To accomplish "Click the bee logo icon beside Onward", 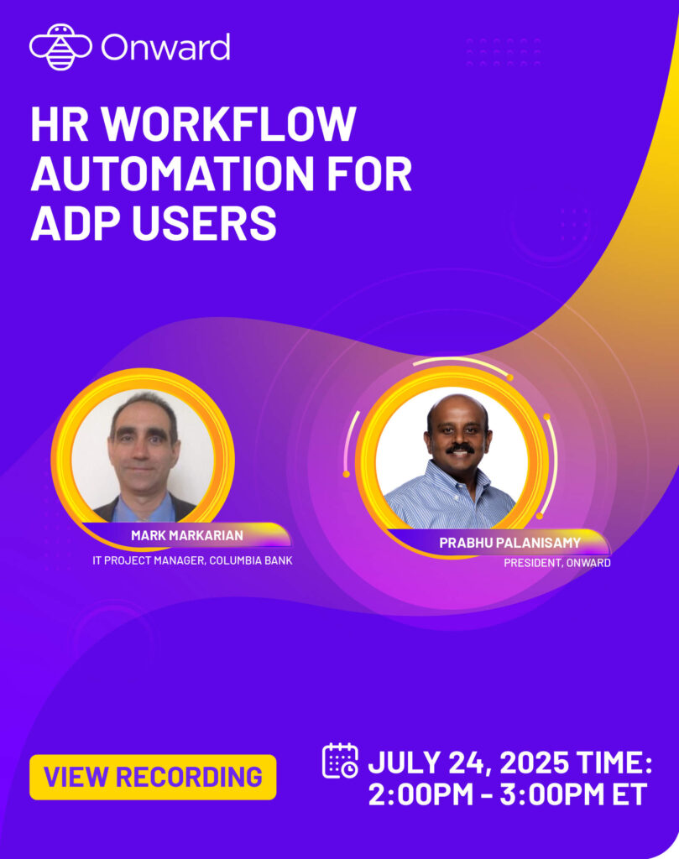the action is [x=60, y=47].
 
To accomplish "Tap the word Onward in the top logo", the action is [x=165, y=48].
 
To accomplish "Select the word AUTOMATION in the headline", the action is [x=164, y=173].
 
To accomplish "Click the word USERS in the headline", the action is [x=204, y=223].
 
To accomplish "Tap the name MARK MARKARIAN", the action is [x=187, y=535].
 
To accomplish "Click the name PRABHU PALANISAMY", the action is [x=509, y=543].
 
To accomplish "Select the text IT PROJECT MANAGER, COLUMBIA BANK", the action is [x=192, y=560].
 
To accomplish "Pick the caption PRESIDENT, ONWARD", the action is [x=556, y=563].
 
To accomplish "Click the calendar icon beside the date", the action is [x=340, y=760].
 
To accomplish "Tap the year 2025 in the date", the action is [x=528, y=763].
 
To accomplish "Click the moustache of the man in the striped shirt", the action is [x=460, y=448].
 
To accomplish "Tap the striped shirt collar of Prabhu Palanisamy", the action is [x=457, y=477].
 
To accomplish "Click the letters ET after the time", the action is [x=629, y=794].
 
